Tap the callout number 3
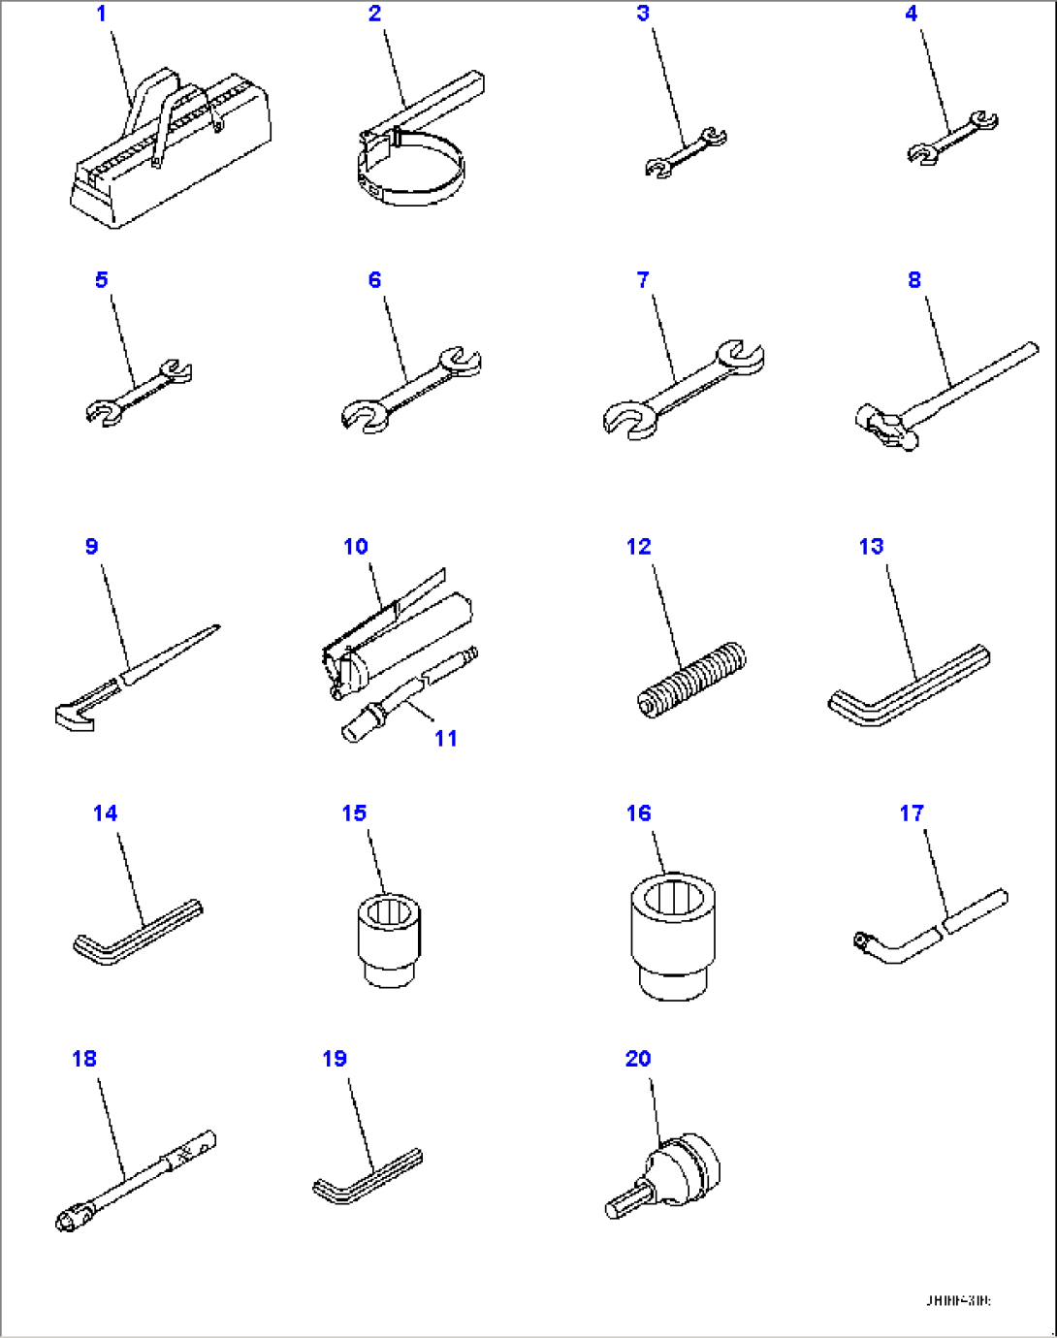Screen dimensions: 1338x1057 tap(643, 14)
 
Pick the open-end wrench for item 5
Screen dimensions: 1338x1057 tap(139, 392)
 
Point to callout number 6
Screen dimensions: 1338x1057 tap(374, 280)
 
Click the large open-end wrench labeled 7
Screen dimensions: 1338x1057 tap(683, 389)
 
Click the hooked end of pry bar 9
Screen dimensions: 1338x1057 tap(76, 716)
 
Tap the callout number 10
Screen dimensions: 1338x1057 tap(355, 547)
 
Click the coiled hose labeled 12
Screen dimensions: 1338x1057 tap(691, 679)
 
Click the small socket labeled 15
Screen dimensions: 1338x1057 tap(390, 939)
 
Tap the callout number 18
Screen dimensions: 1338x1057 tap(84, 1059)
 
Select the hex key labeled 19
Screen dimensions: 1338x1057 tap(368, 1176)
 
